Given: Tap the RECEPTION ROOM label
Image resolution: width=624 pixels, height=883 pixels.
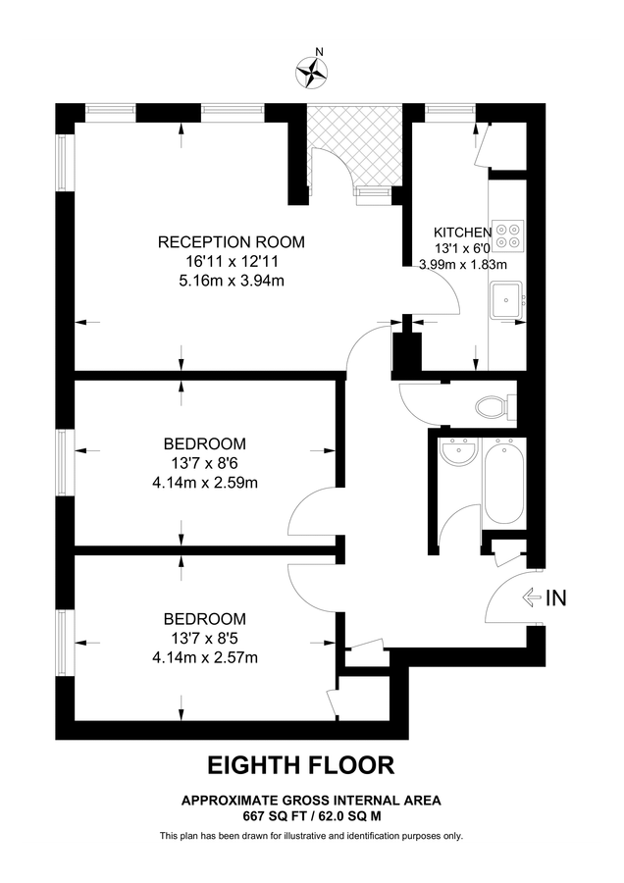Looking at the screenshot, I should pyautogui.click(x=232, y=241).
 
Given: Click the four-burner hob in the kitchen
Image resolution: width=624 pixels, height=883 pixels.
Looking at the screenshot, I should pyautogui.click(x=508, y=233).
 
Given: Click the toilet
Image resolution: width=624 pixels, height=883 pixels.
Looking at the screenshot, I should pyautogui.click(x=492, y=403).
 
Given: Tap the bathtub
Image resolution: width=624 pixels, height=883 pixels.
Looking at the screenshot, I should pyautogui.click(x=505, y=482).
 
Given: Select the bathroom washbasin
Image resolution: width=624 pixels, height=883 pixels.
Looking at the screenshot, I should pyautogui.click(x=457, y=453).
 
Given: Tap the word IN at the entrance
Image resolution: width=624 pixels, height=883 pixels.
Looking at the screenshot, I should pyautogui.click(x=555, y=597).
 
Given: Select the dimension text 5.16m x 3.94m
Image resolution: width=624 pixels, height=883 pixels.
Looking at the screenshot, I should pyautogui.click(x=232, y=281).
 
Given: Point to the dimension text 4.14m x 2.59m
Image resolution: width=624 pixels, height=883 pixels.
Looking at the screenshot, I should pyautogui.click(x=204, y=482).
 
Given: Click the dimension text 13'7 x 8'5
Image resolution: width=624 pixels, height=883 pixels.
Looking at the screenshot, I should pyautogui.click(x=204, y=638).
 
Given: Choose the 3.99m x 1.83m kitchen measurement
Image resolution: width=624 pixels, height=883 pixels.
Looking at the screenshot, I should pyautogui.click(x=462, y=264).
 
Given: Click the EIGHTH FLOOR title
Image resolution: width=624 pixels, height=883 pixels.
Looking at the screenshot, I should pyautogui.click(x=300, y=764).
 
